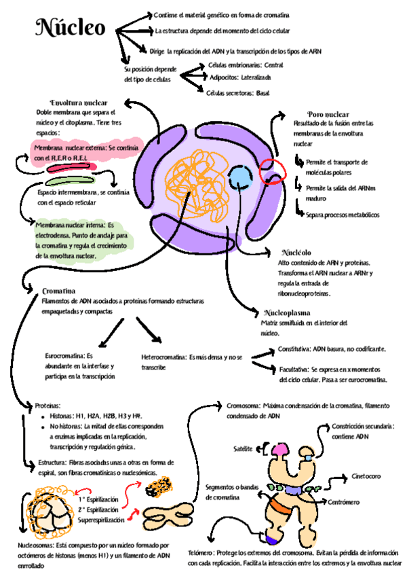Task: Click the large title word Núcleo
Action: click(71, 29)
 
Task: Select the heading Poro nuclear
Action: click(328, 114)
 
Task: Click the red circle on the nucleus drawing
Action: click(274, 169)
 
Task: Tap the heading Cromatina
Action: click(58, 290)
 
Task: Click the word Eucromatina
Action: click(64, 355)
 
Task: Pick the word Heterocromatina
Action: click(163, 357)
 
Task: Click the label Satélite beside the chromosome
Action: click(243, 450)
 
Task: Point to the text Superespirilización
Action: click(102, 520)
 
